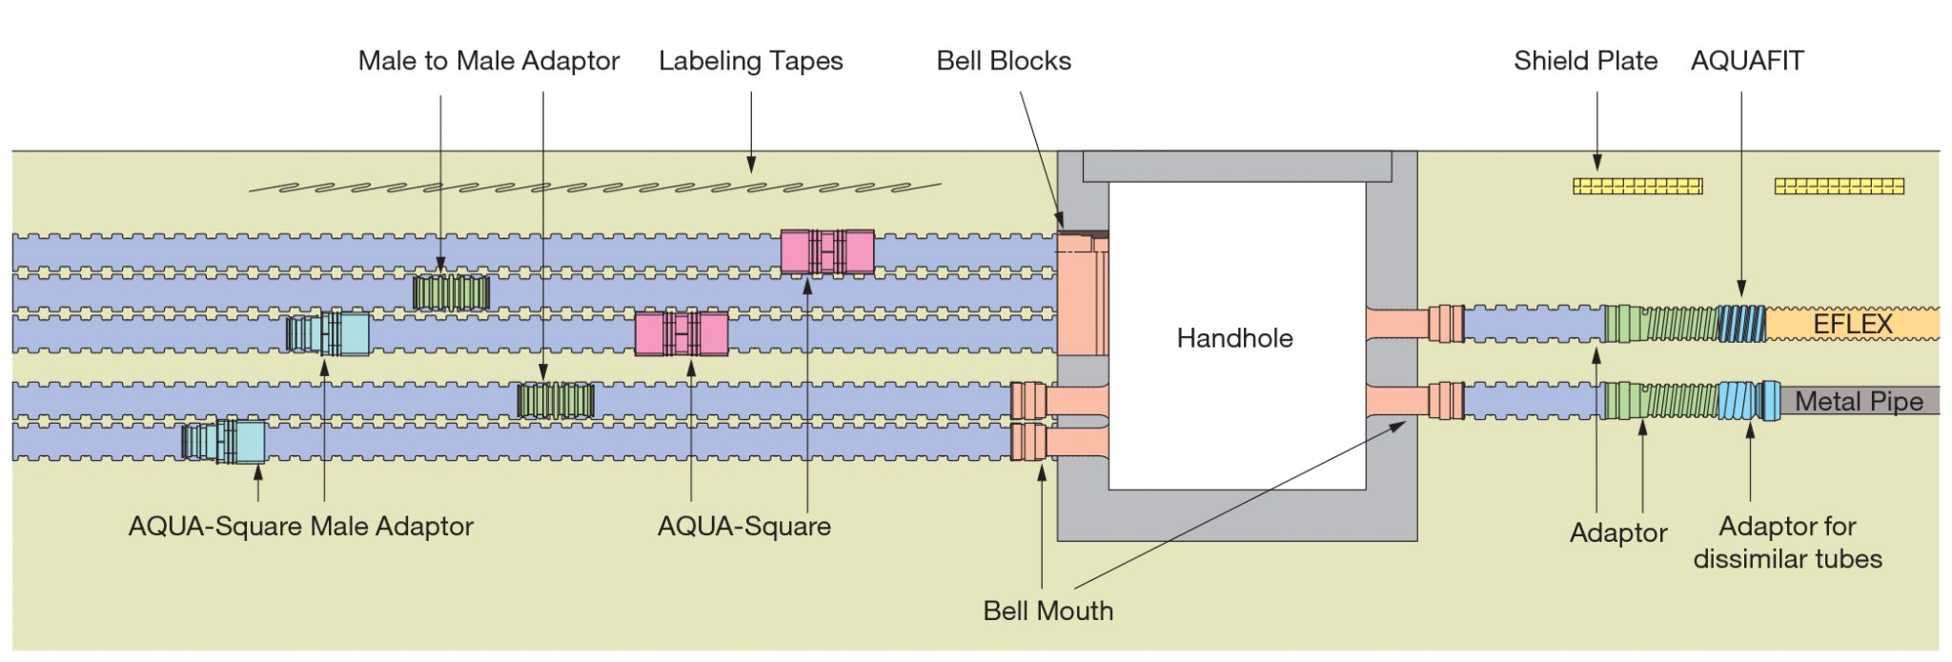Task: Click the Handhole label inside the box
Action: pos(1234,338)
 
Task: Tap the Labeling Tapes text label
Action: pos(750,61)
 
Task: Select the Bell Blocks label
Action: pos(1004,61)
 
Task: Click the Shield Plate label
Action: pos(1585,61)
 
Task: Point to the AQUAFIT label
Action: pos(1746,61)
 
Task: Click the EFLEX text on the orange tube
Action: pos(1852,325)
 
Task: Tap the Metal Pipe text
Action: pos(1859,402)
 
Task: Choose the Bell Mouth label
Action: pos(1047,611)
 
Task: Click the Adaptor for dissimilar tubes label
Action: pos(1787,542)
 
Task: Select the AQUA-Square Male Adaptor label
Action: pos(300,526)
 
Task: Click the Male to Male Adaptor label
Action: pos(488,61)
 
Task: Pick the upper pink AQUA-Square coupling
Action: pos(826,252)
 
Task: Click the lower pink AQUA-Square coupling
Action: pos(681,334)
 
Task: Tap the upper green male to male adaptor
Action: pos(451,292)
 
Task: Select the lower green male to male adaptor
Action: pos(555,400)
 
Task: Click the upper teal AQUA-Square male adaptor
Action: pos(328,333)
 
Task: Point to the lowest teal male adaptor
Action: pos(224,441)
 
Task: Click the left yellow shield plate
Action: pos(1637,186)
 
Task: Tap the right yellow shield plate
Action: pos(1839,186)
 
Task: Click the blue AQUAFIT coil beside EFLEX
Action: pos(1741,324)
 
